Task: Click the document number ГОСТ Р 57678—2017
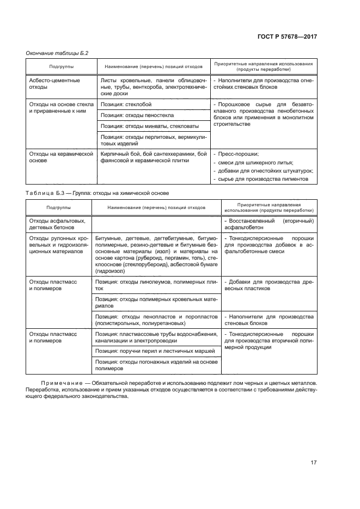[286, 37]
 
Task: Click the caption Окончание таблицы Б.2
[57, 53]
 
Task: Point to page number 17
[313, 463]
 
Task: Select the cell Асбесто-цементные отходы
[54, 84]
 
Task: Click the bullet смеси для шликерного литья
[255, 162]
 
